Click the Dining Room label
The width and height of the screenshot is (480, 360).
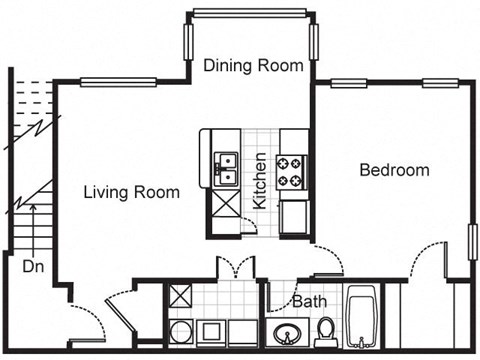(x=253, y=66)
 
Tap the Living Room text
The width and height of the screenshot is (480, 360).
(x=132, y=192)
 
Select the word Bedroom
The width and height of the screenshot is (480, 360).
(x=394, y=170)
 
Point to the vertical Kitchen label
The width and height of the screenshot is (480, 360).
(x=259, y=180)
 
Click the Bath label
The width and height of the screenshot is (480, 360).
(x=308, y=301)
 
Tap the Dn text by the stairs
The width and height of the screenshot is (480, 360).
(x=33, y=268)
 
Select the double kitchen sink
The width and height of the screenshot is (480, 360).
(x=225, y=167)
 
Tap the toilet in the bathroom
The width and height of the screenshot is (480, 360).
(x=326, y=329)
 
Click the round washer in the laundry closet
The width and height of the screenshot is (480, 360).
(x=181, y=332)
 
